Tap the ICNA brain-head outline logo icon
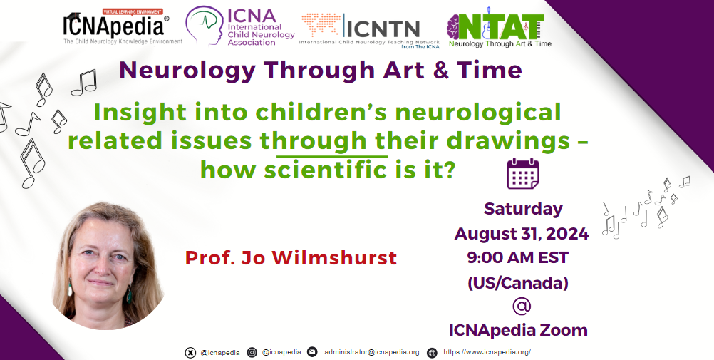pyautogui.click(x=205, y=26)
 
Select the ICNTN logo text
pyautogui.click(x=382, y=29)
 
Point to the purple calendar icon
pyautogui.click(x=523, y=174)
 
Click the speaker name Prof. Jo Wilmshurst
pyautogui.click(x=291, y=258)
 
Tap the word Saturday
pyautogui.click(x=523, y=209)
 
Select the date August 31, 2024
pyautogui.click(x=522, y=234)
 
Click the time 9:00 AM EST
pyautogui.click(x=518, y=258)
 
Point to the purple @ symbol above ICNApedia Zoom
pyautogui.click(x=522, y=306)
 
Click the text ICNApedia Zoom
pyautogui.click(x=518, y=330)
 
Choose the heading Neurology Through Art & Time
pyautogui.click(x=320, y=71)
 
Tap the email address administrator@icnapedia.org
pyautogui.click(x=372, y=352)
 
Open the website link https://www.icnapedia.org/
pyautogui.click(x=487, y=352)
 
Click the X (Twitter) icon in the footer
pyautogui.click(x=190, y=353)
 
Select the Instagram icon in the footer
pyautogui.click(x=252, y=352)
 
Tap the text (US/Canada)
pyautogui.click(x=518, y=283)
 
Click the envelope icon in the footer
pyautogui.click(x=312, y=352)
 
